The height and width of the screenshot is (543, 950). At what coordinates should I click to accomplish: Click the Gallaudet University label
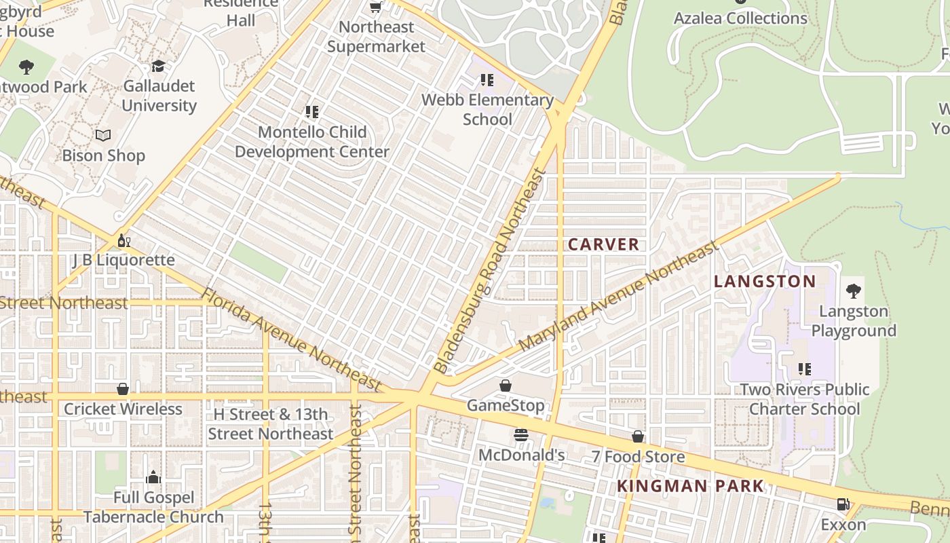click(159, 96)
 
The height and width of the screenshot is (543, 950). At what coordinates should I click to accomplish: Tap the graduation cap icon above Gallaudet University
click(158, 66)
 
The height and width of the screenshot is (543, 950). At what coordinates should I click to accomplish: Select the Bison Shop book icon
click(103, 136)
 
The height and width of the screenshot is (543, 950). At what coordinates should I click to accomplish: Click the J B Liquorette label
click(123, 260)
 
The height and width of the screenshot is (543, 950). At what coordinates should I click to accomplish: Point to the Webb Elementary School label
click(487, 109)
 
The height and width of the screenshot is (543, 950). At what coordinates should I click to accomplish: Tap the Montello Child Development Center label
click(312, 142)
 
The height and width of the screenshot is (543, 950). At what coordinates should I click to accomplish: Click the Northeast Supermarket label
click(376, 37)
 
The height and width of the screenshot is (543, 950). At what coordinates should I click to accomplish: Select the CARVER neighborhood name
click(603, 244)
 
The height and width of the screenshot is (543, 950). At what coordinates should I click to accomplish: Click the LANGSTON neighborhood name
click(765, 282)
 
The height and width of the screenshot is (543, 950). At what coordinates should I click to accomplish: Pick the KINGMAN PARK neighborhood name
click(690, 486)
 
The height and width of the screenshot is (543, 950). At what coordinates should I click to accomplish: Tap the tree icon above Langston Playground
click(854, 291)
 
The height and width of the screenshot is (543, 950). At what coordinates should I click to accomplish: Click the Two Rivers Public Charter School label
click(805, 399)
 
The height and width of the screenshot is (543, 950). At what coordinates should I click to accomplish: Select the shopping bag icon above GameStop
click(506, 386)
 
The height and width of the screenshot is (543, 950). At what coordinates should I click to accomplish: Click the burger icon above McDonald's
click(521, 435)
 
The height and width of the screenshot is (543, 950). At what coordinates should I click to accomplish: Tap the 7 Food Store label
click(638, 457)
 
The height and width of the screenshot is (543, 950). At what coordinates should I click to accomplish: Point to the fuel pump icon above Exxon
click(843, 504)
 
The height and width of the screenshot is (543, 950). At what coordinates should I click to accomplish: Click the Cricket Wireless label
click(123, 409)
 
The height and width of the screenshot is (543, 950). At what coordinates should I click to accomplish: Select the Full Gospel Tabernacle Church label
click(153, 507)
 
